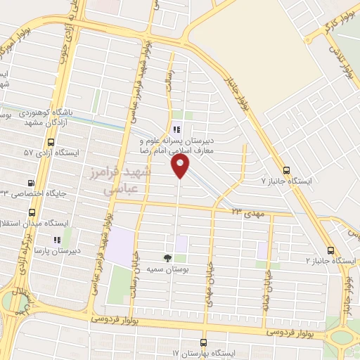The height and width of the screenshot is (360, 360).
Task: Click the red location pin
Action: pos(181,166)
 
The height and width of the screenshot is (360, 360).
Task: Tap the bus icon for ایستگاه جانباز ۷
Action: pos(285,169)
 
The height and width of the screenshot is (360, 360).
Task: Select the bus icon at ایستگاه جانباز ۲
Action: pos(330,250)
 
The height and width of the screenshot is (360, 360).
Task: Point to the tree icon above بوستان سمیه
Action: pos(167,257)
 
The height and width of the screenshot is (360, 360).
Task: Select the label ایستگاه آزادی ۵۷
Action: pos(51,152)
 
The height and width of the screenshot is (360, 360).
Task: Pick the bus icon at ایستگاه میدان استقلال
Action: pos(32,212)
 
